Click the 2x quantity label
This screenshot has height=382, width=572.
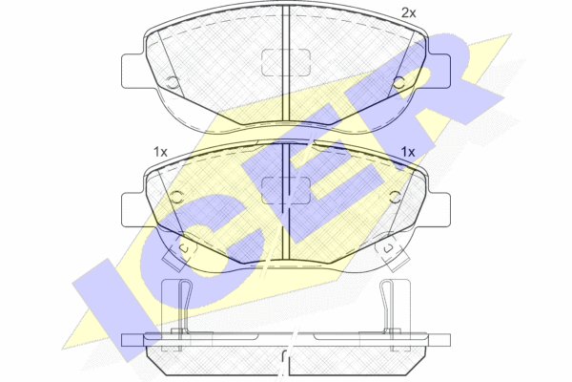pos(408,13)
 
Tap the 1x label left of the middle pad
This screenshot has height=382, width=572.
pos(160,152)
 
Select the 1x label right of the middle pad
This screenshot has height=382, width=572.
pos(408,152)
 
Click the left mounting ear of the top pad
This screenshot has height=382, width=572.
pos(133,71)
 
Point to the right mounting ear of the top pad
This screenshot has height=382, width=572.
pos(439,71)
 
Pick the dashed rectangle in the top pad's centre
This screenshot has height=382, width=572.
pos(286,62)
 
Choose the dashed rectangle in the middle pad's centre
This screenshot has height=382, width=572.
pos(286,190)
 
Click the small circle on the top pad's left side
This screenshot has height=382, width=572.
pos(173,83)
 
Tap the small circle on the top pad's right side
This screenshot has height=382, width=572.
pos(398,83)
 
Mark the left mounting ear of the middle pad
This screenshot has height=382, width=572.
pos(133,210)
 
